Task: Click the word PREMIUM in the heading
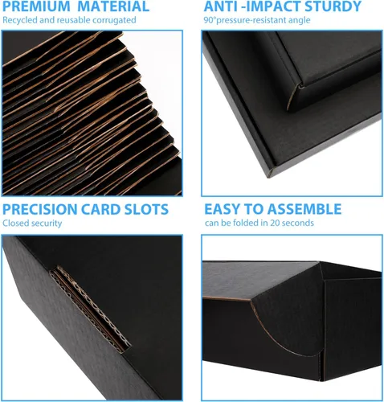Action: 36,6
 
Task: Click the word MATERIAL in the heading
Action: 113,6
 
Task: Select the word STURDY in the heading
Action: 333,6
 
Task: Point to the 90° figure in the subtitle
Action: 210,20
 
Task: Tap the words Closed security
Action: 32,224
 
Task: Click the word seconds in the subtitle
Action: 298,223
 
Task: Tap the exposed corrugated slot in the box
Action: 91,308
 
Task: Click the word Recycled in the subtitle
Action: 20,20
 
